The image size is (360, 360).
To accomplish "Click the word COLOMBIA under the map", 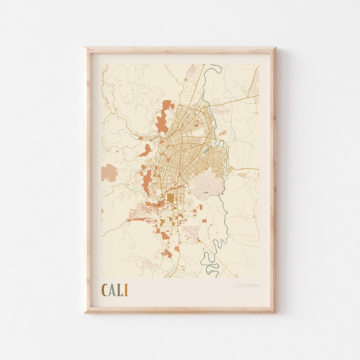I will [x=246, y=285].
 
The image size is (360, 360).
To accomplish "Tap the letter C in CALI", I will [x=105, y=290].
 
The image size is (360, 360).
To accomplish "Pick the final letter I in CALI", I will [x=126, y=290].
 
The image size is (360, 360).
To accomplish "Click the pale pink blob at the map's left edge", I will [x=109, y=173].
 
